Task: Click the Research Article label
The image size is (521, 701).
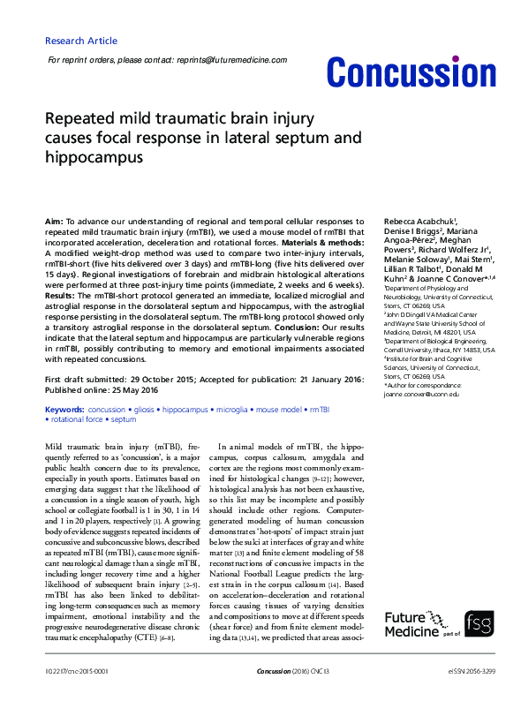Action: pos(80,41)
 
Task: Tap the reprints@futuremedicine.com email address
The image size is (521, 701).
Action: pos(230,60)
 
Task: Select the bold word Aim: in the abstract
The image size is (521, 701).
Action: pos(54,219)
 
